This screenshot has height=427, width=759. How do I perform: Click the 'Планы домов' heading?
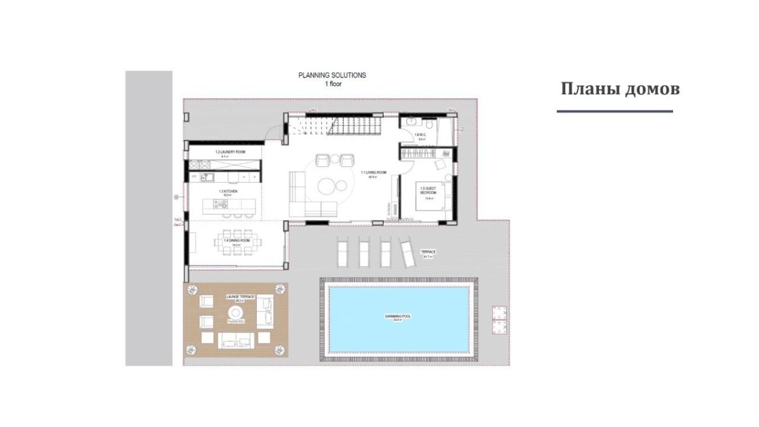tap(620, 89)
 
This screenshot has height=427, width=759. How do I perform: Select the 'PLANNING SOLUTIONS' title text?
tap(332, 75)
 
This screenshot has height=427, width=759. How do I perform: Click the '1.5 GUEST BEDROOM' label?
tap(428, 191)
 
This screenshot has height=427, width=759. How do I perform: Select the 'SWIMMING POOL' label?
tap(398, 317)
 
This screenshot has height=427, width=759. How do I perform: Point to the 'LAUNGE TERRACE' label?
tap(240, 295)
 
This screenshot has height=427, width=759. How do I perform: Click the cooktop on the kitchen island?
tap(219, 205)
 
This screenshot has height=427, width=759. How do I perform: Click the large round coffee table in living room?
tap(327, 186)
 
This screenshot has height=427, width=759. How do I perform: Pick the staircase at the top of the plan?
tap(335, 126)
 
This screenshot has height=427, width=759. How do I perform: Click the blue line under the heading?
tap(614, 111)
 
